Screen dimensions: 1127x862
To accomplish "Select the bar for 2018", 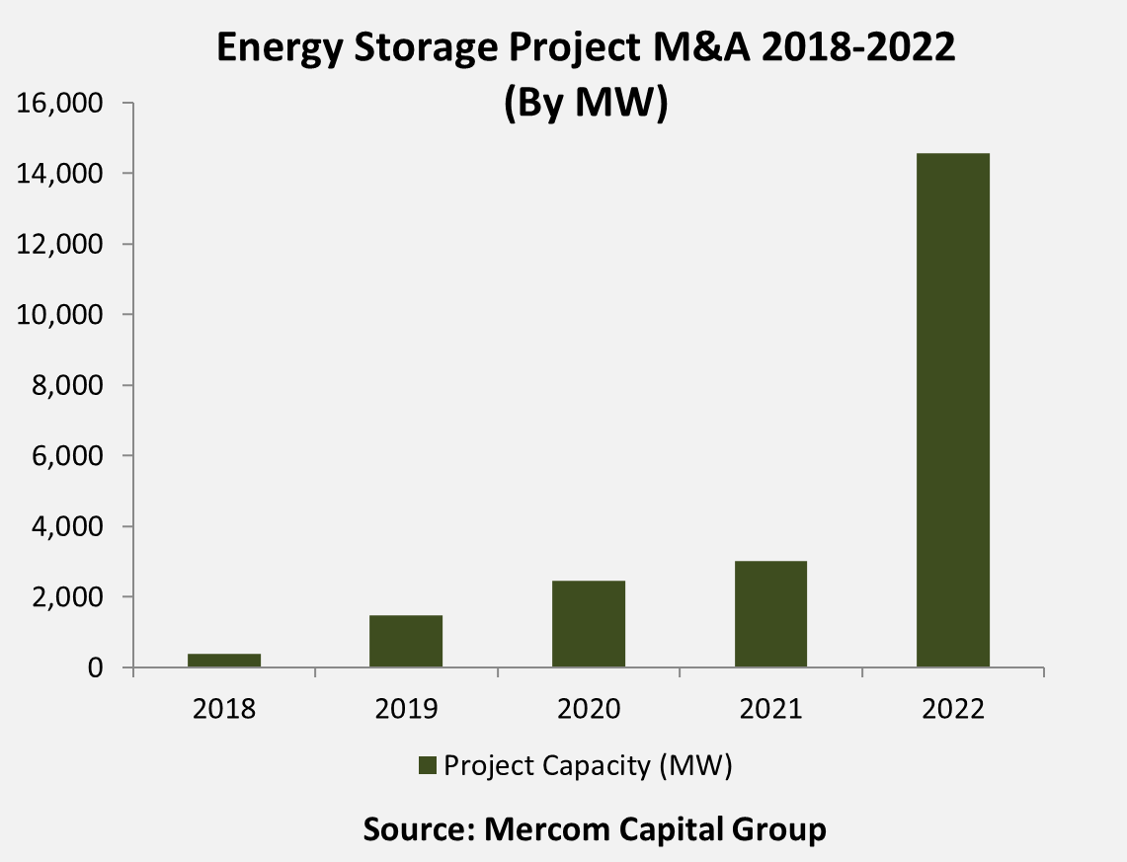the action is pos(224,661).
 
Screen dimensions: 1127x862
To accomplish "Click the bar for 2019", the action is pos(406,641).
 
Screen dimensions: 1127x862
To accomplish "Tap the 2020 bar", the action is pos(589,623).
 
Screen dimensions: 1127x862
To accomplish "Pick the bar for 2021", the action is pos(770,614).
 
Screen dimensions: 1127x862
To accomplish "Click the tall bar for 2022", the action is pos(953,410).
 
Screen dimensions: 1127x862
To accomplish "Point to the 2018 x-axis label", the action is pos(224,709).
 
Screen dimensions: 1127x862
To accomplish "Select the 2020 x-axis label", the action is pos(589,709).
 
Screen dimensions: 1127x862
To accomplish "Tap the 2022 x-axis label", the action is pos(953,709).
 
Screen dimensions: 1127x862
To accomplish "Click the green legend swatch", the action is pos(428,766).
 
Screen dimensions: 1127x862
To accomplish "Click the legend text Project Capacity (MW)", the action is pos(588,766).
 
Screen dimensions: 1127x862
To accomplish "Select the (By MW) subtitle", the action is pos(586,102).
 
